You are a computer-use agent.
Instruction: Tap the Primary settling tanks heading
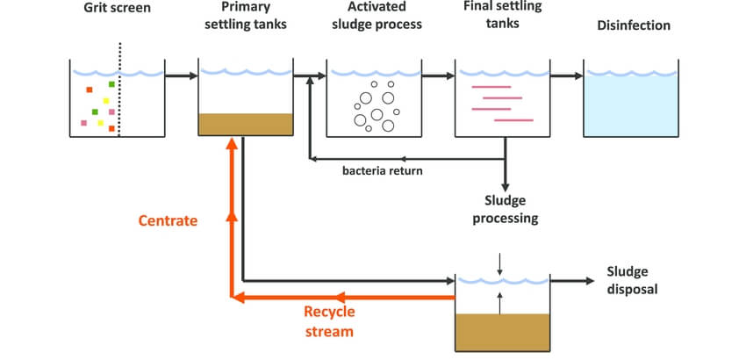(244, 17)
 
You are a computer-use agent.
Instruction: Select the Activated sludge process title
(374, 17)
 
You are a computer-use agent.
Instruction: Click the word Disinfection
(634, 25)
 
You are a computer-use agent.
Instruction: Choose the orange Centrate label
(168, 220)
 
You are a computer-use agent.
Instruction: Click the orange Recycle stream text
(329, 320)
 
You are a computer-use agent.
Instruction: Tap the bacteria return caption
(383, 170)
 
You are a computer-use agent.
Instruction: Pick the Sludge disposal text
(631, 280)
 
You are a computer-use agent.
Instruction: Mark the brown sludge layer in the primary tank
(246, 124)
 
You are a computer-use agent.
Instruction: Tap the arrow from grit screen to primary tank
(181, 76)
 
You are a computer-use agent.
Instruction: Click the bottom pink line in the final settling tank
(513, 119)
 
